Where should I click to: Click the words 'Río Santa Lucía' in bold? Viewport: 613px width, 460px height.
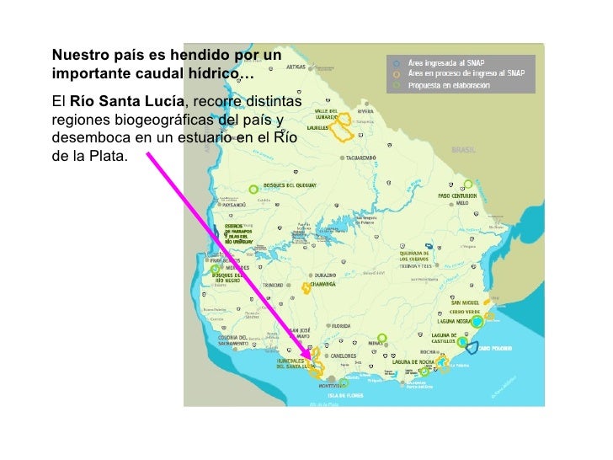pos(120,101)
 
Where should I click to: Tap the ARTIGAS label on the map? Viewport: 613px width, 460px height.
pos(296,66)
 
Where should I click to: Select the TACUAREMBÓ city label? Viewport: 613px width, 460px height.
pos(361,157)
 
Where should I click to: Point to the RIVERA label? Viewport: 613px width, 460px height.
pos(365,110)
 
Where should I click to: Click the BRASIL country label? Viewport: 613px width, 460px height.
pos(464,149)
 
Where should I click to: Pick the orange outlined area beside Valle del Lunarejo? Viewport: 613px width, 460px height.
pos(343,129)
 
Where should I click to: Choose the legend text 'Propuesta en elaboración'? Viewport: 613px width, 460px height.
pos(448,85)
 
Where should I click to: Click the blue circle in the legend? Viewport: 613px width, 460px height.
pos(394,62)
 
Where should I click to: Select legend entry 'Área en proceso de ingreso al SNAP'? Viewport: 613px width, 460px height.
pos(466,73)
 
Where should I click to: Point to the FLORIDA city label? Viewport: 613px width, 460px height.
pos(340,325)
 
